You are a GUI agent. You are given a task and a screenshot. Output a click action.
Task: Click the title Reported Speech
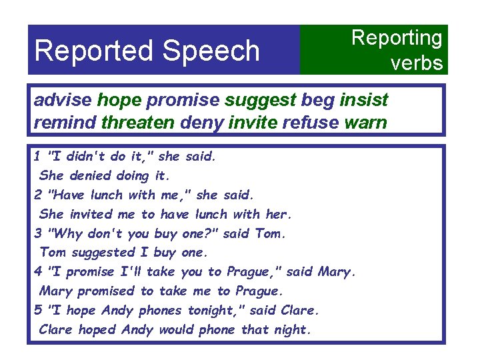[x=147, y=50]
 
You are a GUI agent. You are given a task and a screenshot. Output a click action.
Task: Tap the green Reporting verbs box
[x=374, y=50]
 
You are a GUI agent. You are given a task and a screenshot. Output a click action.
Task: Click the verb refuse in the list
[x=311, y=123]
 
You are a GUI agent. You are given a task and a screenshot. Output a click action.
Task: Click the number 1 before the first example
[x=38, y=157]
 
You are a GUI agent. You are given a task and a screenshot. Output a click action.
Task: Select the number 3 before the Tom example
[x=38, y=233]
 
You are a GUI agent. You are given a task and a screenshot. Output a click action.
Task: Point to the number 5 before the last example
[x=38, y=310]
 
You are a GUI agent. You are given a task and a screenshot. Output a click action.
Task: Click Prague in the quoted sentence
[x=249, y=271]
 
